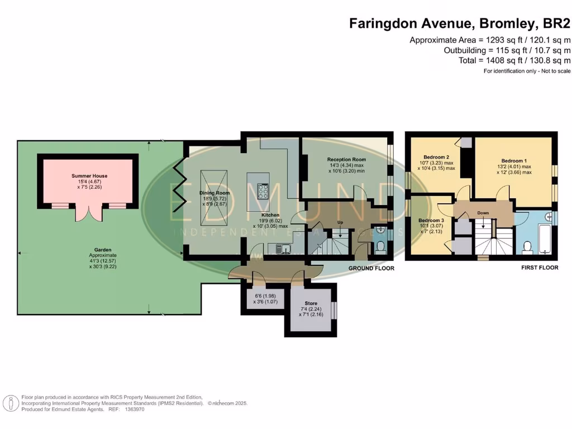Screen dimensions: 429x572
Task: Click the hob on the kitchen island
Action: (263, 191)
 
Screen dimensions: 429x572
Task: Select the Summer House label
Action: (89, 176)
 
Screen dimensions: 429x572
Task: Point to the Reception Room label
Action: (346, 160)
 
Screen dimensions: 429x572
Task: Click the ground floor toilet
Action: (380, 246)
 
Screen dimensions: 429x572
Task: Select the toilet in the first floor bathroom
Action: (526, 246)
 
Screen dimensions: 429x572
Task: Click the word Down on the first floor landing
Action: (483, 213)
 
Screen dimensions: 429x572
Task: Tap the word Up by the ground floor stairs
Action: (340, 222)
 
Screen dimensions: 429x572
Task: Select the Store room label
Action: (311, 303)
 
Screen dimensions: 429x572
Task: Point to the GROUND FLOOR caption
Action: (371, 269)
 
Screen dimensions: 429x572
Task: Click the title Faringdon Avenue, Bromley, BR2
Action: (460, 23)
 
